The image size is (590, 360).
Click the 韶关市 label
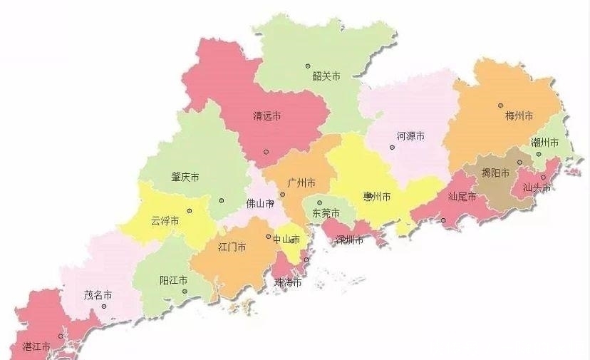point(326,75)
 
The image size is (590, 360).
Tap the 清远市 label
point(267,115)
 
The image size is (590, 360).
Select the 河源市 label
point(410,136)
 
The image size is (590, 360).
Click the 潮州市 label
point(545,143)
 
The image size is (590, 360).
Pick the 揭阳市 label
point(495,173)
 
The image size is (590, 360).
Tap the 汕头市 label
point(537,189)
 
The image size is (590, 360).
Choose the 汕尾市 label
point(462,197)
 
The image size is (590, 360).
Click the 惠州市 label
point(377,197)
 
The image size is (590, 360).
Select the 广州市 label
point(301,183)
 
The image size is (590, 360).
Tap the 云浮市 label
point(165,221)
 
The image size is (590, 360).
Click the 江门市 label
point(232,247)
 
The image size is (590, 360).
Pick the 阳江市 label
point(174,280)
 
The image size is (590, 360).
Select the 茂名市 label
point(98,294)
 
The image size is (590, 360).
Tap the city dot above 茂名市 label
point(104,307)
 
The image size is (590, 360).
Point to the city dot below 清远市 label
point(266,151)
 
